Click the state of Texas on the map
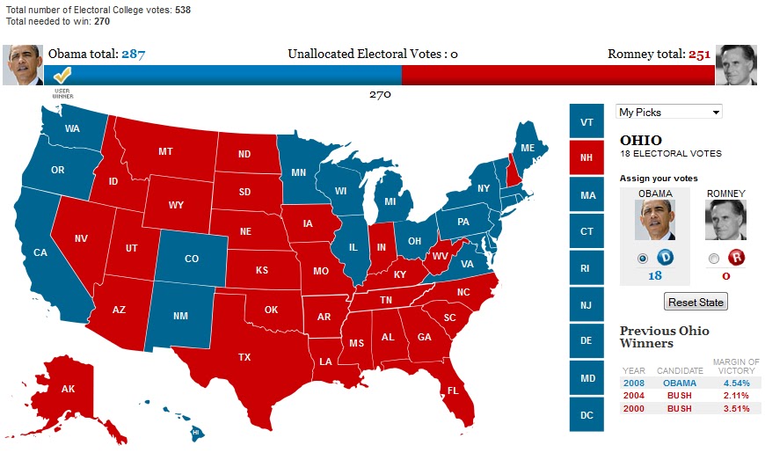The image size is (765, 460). pyautogui.click(x=244, y=356)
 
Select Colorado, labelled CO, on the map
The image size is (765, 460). pyautogui.click(x=192, y=259)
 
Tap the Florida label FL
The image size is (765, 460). pyautogui.click(x=453, y=390)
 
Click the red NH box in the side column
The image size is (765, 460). pyautogui.click(x=586, y=158)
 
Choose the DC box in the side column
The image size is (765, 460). pyautogui.click(x=586, y=414)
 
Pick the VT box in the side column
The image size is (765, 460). pyautogui.click(x=586, y=121)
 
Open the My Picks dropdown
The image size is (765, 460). pyautogui.click(x=669, y=112)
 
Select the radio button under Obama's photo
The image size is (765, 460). pyautogui.click(x=642, y=258)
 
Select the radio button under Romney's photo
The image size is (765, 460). pyautogui.click(x=713, y=258)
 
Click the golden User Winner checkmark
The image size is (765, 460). pyautogui.click(x=62, y=76)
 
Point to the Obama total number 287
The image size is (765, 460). pyautogui.click(x=133, y=55)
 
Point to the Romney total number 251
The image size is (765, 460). pyautogui.click(x=699, y=55)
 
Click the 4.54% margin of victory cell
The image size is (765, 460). pyautogui.click(x=736, y=383)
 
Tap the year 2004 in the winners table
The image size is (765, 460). pyautogui.click(x=633, y=396)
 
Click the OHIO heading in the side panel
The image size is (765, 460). pyautogui.click(x=641, y=140)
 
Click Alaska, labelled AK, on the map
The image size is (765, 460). pyautogui.click(x=68, y=389)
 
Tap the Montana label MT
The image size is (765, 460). pyautogui.click(x=165, y=151)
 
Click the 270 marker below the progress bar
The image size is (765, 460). pyautogui.click(x=380, y=94)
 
